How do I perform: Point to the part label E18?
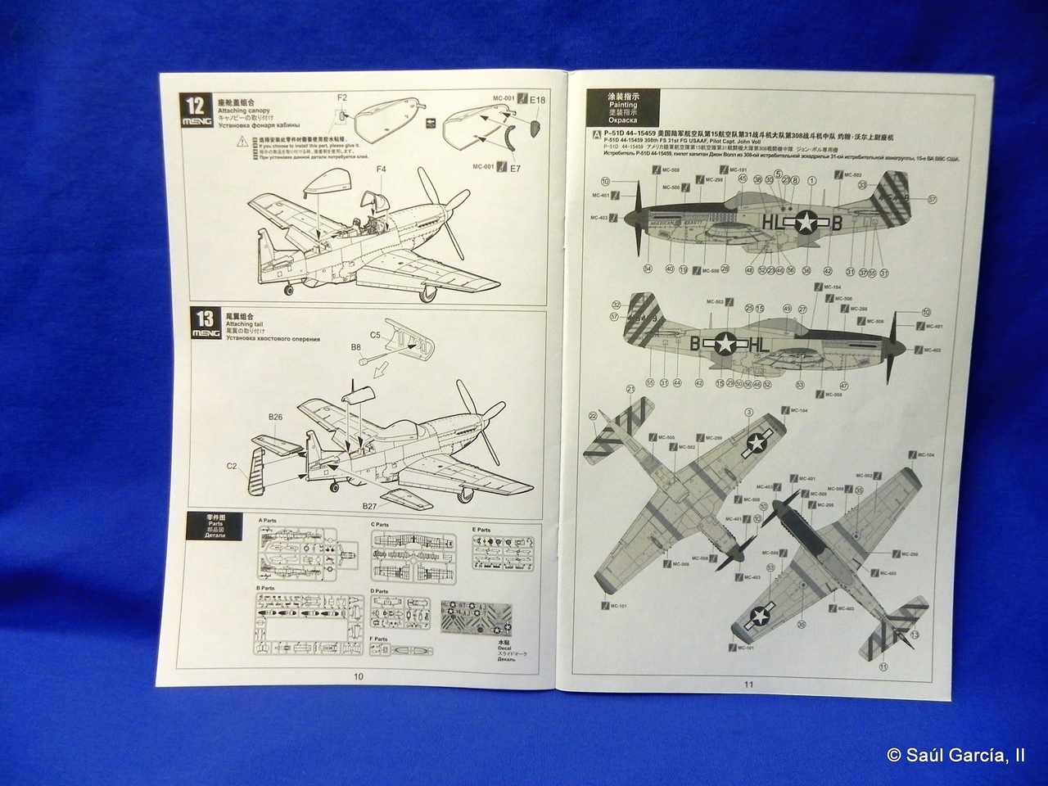[x=538, y=100]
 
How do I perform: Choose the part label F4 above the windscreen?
[x=382, y=169]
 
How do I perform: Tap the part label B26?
[x=275, y=417]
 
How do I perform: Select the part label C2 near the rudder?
[x=232, y=466]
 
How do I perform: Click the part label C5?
[x=376, y=334]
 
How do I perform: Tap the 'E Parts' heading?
[x=481, y=530]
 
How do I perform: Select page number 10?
[x=358, y=676]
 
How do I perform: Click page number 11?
[x=748, y=684]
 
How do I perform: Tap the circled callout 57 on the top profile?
[x=932, y=199]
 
